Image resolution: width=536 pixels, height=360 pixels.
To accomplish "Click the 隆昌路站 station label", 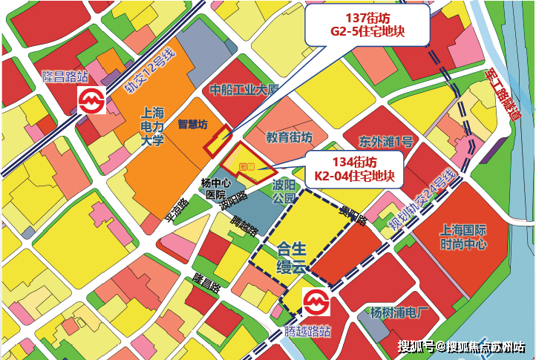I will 65,76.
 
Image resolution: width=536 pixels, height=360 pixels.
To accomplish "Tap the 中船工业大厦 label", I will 244,91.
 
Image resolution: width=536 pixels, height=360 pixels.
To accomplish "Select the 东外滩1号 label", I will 385,141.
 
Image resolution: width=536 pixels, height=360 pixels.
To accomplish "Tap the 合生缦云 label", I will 291,256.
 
